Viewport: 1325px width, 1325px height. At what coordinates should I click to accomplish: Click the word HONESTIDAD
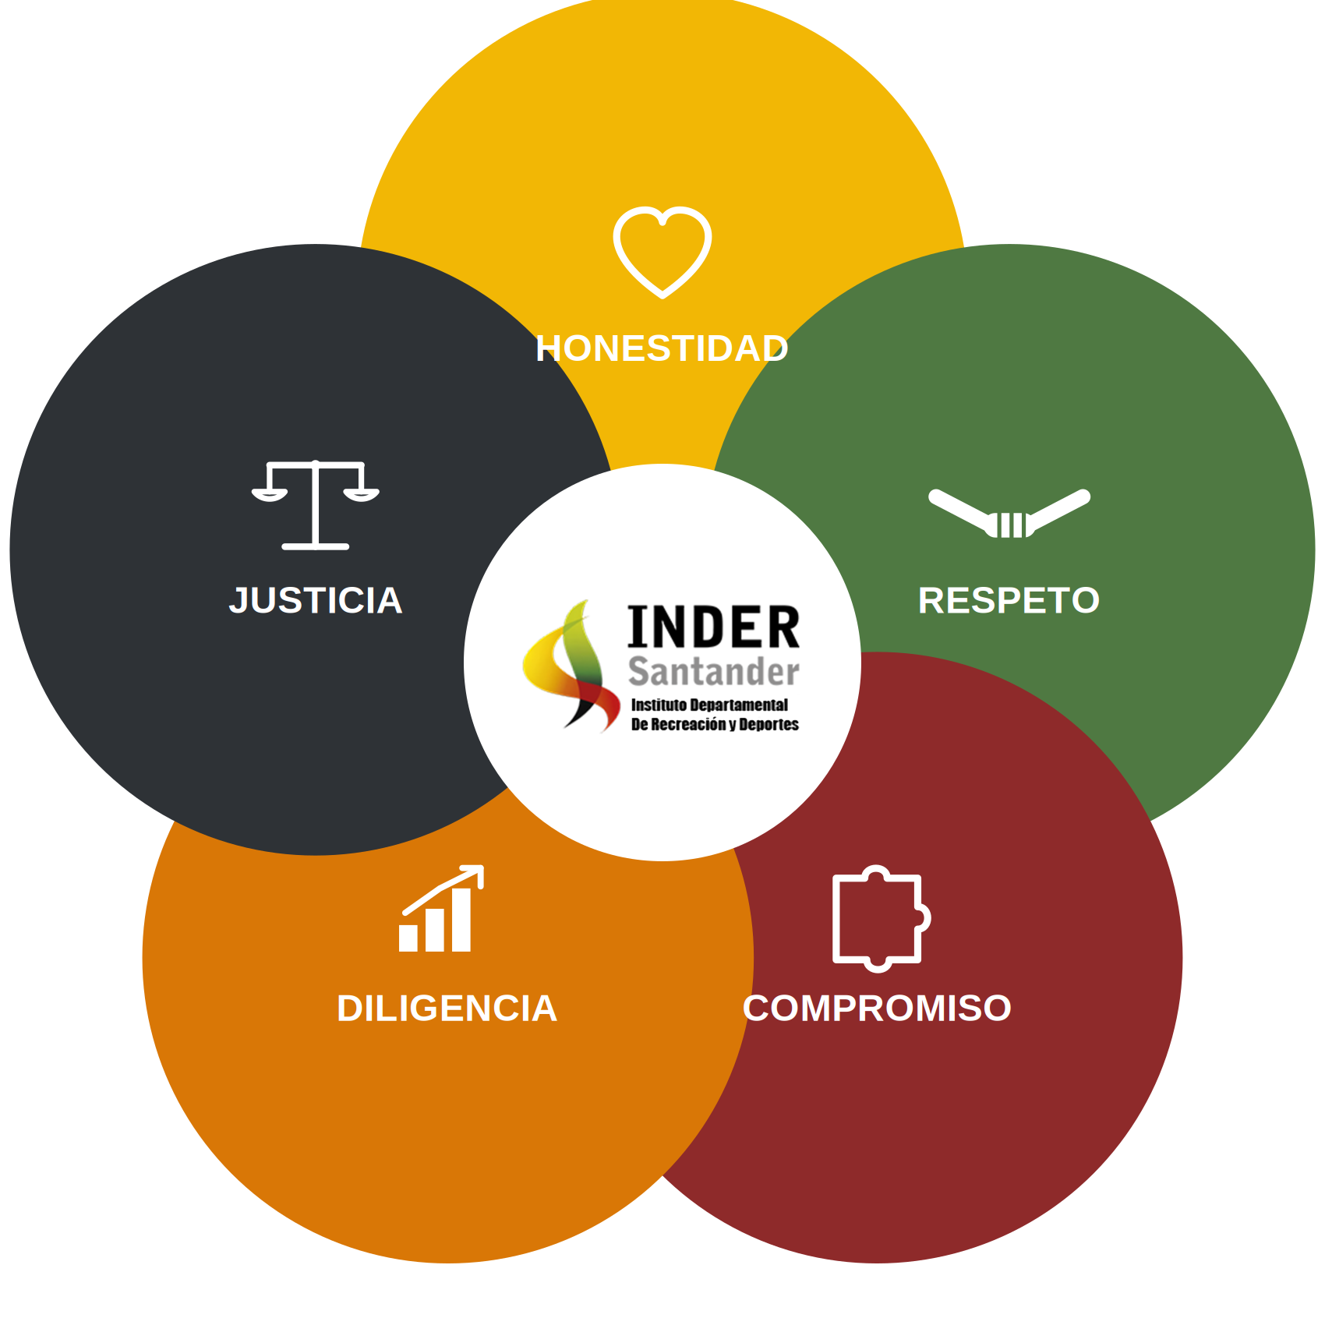(662, 348)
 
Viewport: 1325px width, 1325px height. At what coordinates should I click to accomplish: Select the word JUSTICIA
(316, 601)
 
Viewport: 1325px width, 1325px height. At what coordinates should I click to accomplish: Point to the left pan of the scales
(270, 494)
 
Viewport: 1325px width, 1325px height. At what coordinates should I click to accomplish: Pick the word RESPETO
(1009, 601)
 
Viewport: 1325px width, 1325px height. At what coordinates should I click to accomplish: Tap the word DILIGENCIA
(447, 1009)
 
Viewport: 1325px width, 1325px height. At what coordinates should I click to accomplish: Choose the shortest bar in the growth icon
(408, 938)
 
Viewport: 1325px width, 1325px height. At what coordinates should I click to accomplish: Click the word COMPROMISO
(877, 1009)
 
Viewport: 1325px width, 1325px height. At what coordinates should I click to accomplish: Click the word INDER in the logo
(714, 627)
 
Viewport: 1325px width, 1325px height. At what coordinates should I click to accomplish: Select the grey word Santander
(714, 671)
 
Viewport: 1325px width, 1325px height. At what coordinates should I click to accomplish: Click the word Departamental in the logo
(739, 705)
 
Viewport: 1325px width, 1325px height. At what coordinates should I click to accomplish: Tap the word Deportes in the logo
(769, 725)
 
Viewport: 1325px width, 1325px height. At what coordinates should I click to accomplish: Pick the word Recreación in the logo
(688, 725)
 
